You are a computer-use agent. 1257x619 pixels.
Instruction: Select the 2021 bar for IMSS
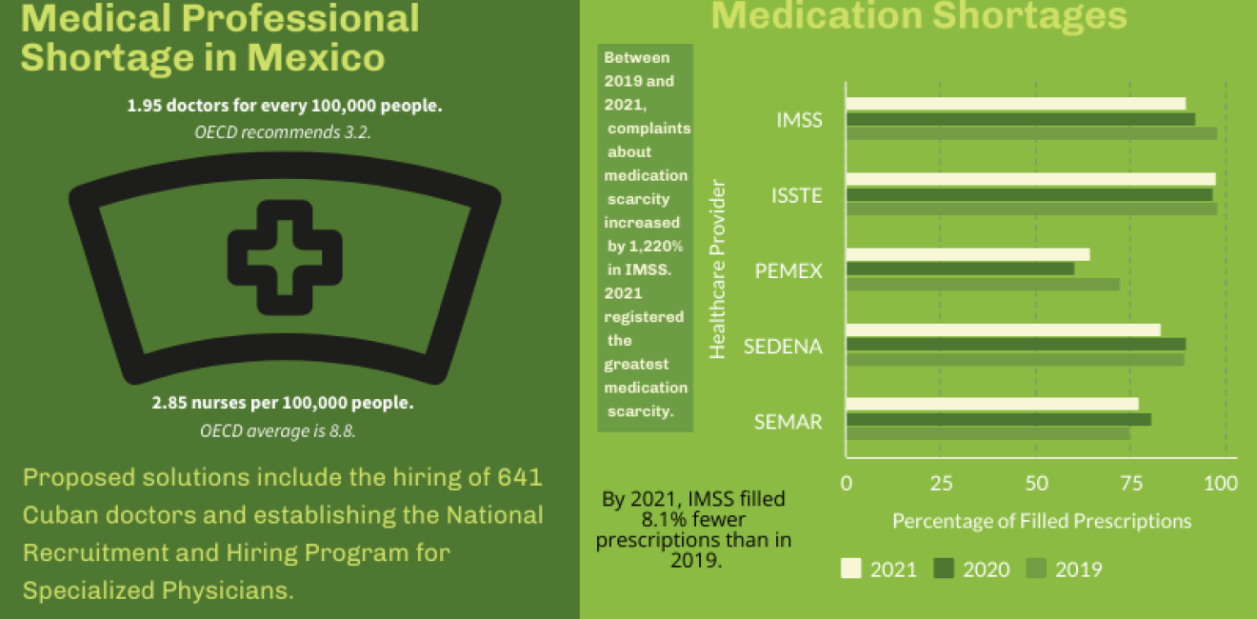point(1015,104)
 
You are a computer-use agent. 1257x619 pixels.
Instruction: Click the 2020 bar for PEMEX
point(960,269)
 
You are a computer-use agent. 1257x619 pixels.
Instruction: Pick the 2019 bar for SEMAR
point(988,434)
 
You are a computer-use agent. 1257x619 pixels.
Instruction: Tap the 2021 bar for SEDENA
point(1003,329)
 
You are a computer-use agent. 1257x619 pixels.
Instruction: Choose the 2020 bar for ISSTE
point(1028,194)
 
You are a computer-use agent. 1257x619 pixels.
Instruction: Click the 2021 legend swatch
point(850,569)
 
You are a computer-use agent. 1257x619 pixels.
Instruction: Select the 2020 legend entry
point(972,569)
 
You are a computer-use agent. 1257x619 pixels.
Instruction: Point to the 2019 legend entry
point(1065,569)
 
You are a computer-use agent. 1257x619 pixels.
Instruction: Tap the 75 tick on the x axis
point(1130,483)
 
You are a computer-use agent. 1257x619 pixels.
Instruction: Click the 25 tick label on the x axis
point(940,483)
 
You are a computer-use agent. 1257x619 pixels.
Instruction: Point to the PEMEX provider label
point(788,270)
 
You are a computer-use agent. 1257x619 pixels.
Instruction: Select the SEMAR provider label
point(788,421)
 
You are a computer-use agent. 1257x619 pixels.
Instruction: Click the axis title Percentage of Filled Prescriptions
point(1041,521)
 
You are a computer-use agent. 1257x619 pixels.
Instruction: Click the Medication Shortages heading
point(919,16)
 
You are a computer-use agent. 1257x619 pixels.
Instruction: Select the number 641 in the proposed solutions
point(519,476)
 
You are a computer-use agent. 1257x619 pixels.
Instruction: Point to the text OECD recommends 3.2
point(283,132)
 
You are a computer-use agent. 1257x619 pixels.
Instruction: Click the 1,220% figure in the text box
point(644,247)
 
